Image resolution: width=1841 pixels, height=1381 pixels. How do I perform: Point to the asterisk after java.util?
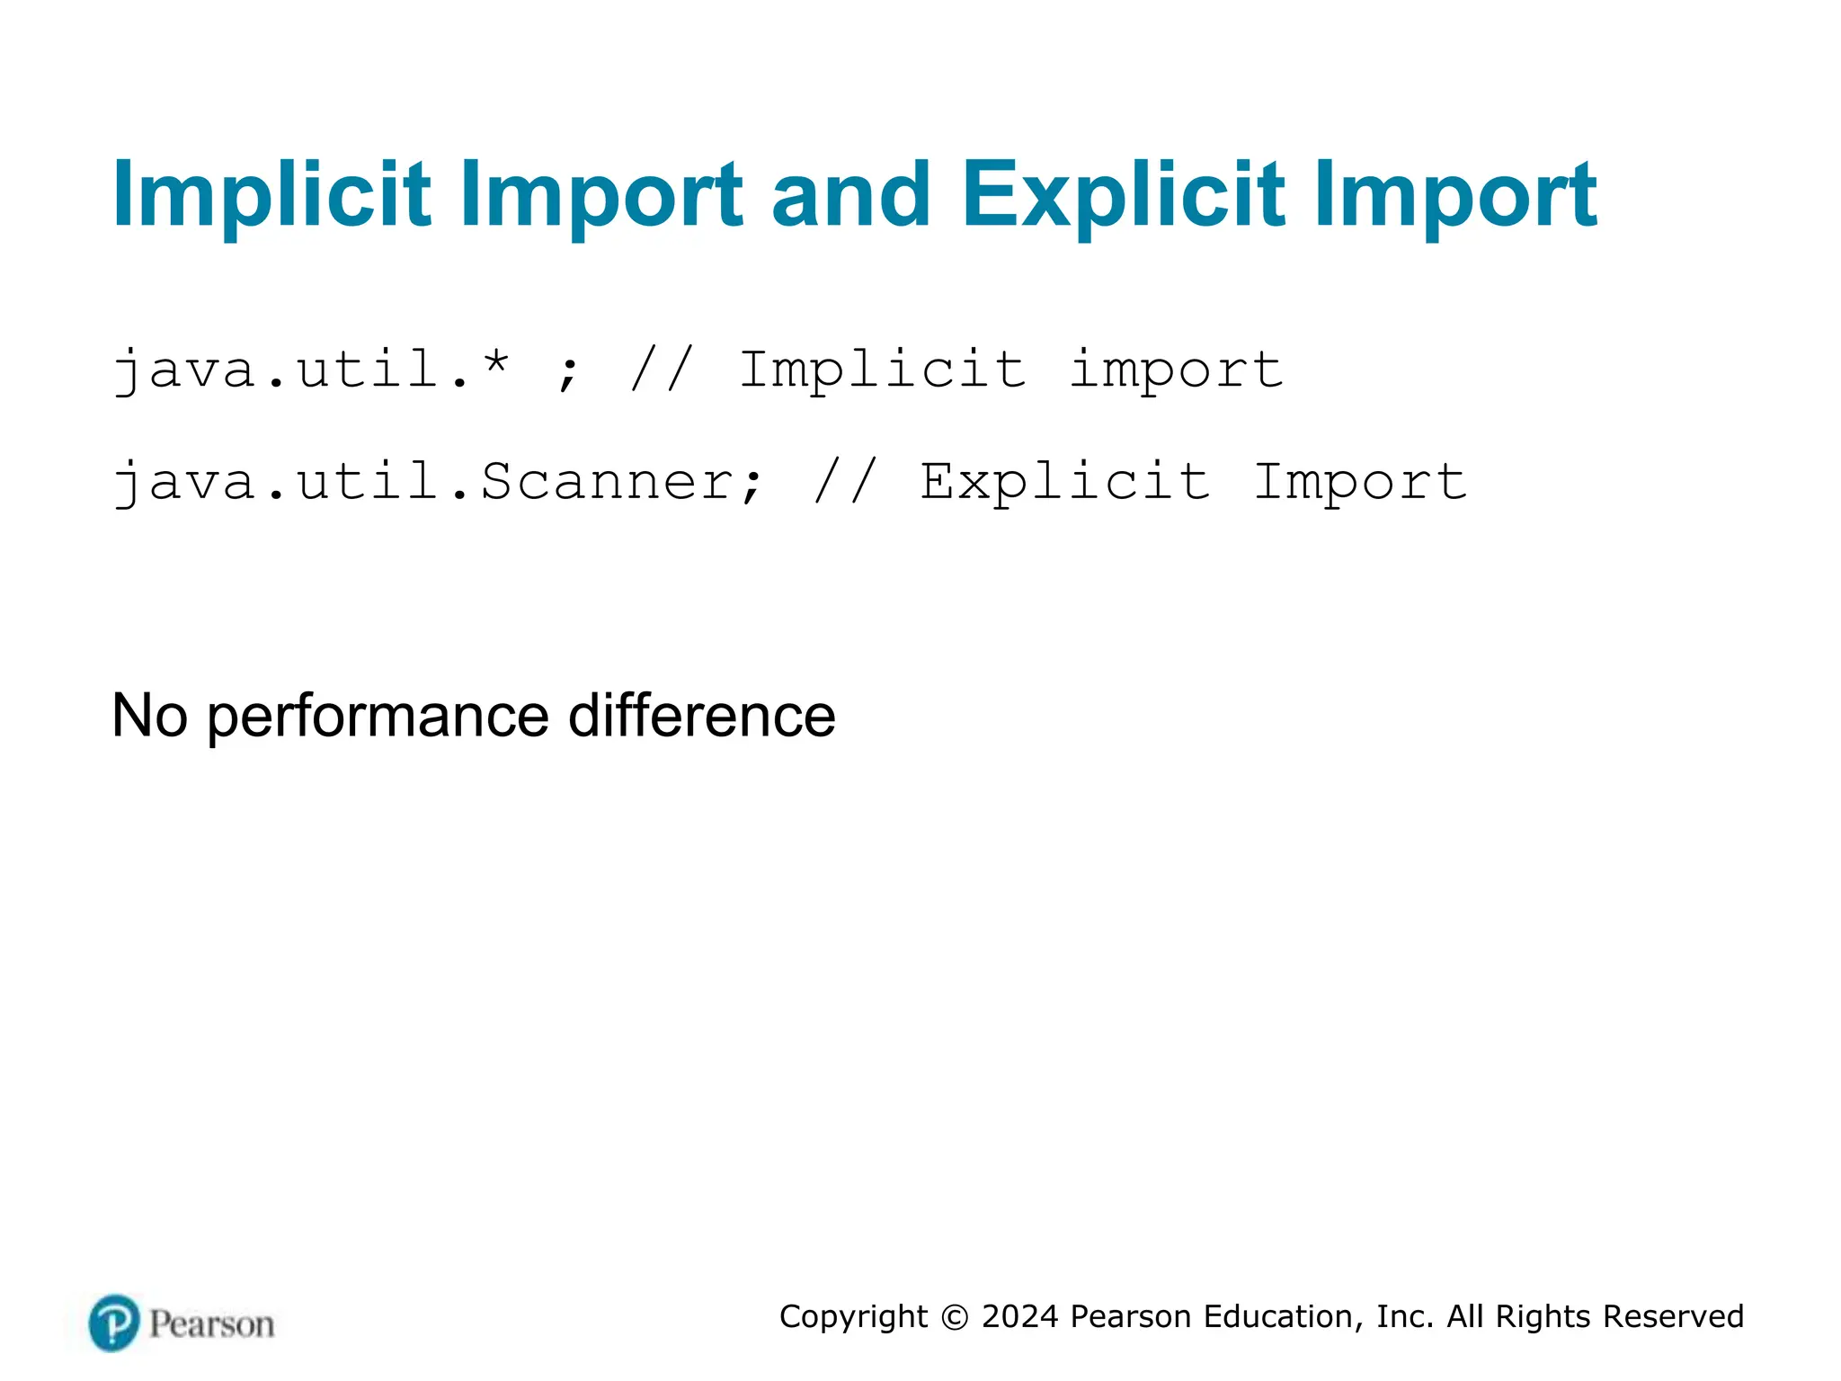click(495, 363)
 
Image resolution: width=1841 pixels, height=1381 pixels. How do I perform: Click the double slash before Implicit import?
click(663, 369)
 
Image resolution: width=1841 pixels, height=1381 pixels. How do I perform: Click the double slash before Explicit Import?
click(845, 481)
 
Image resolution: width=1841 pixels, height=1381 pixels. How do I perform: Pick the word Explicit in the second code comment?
click(1064, 482)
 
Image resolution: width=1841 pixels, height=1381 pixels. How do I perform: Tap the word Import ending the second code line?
click(1360, 482)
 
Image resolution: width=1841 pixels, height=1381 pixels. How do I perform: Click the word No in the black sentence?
click(150, 717)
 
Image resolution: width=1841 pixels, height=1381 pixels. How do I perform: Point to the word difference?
click(702, 717)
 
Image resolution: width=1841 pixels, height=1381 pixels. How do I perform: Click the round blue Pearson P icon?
click(114, 1323)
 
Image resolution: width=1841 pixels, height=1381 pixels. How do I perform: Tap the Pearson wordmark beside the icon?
click(211, 1324)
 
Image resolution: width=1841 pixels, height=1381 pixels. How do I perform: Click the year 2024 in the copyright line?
click(1020, 1316)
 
